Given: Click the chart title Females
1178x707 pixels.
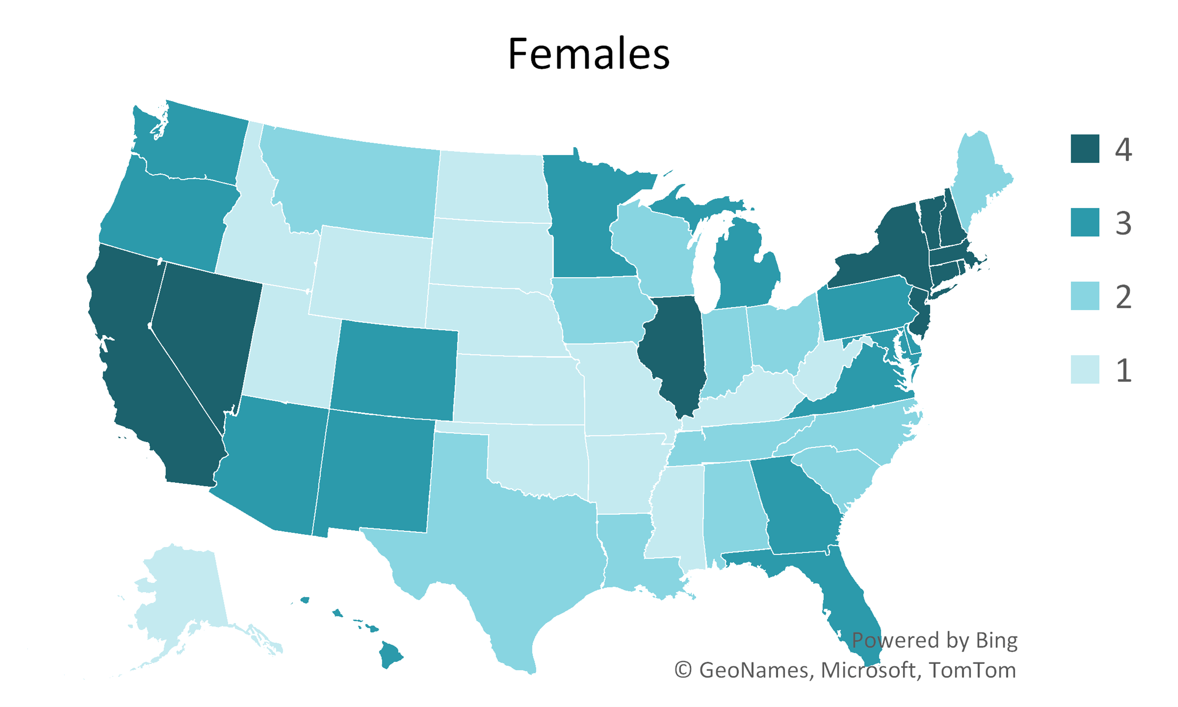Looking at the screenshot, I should [x=588, y=54].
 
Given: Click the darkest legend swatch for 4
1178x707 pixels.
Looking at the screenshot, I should [x=1085, y=149].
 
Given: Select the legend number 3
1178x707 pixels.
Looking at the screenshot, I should [x=1124, y=223].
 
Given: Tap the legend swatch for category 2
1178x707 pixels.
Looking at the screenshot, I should [x=1085, y=296].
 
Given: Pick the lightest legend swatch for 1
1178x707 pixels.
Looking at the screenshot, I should [x=1085, y=369].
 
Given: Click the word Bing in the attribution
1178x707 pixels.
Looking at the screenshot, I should [x=996, y=640].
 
